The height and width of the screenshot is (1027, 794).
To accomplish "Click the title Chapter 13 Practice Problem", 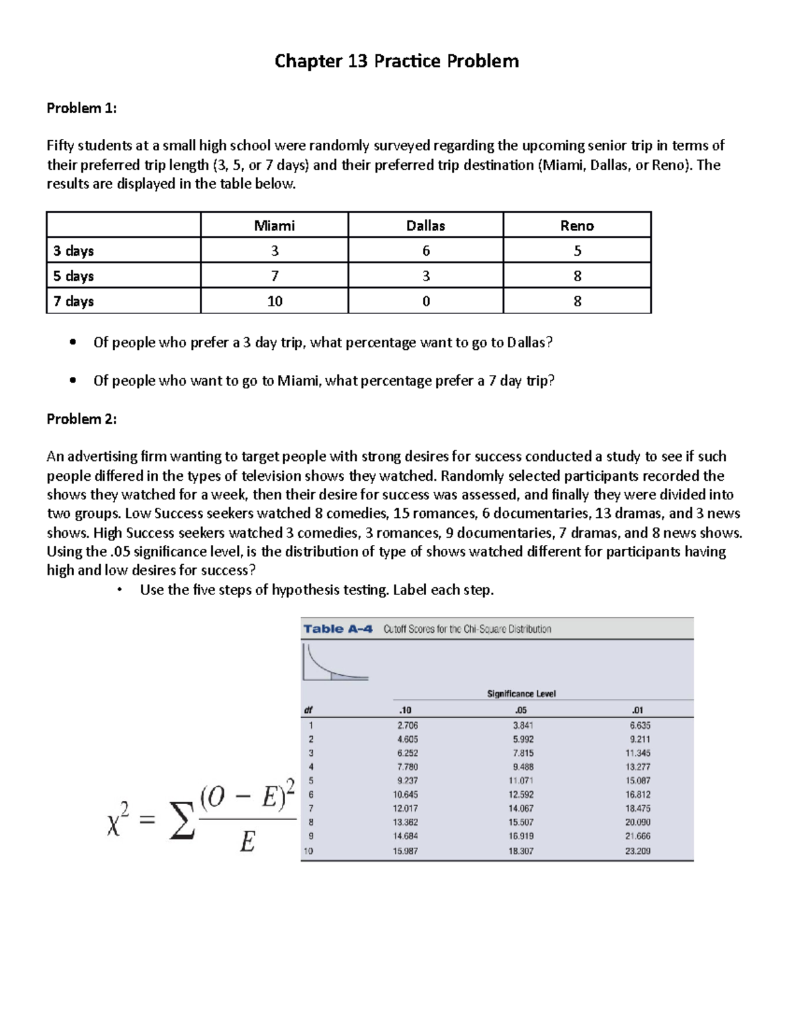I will tap(396, 62).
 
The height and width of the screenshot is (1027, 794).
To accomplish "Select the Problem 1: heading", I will tap(81, 108).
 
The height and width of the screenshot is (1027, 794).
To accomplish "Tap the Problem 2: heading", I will tap(81, 419).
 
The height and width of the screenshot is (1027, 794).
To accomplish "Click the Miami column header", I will tap(274, 226).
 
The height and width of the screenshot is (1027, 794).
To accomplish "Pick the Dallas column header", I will tap(425, 226).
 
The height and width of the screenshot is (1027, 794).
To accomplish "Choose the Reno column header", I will tap(577, 226).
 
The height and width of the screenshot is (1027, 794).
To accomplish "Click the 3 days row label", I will tap(73, 251).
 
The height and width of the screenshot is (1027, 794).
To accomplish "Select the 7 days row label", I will tap(73, 301).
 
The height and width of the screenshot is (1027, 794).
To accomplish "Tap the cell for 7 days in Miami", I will tap(274, 301).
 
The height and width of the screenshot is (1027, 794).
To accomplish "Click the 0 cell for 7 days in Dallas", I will tap(425, 301).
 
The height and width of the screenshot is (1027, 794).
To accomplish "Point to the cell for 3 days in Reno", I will tap(577, 251).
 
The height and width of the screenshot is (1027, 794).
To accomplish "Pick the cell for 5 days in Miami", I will tap(274, 276).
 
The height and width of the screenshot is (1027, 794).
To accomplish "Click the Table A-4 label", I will tap(338, 629).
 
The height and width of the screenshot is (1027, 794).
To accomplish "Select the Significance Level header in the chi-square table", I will tap(521, 694).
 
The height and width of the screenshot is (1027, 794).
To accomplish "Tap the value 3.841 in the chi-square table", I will tap(523, 725).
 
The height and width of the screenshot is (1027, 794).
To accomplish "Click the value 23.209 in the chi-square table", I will tap(637, 851).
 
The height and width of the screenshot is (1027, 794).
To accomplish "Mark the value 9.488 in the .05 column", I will tap(523, 767).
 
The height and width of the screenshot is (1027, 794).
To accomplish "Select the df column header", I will tap(308, 710).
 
